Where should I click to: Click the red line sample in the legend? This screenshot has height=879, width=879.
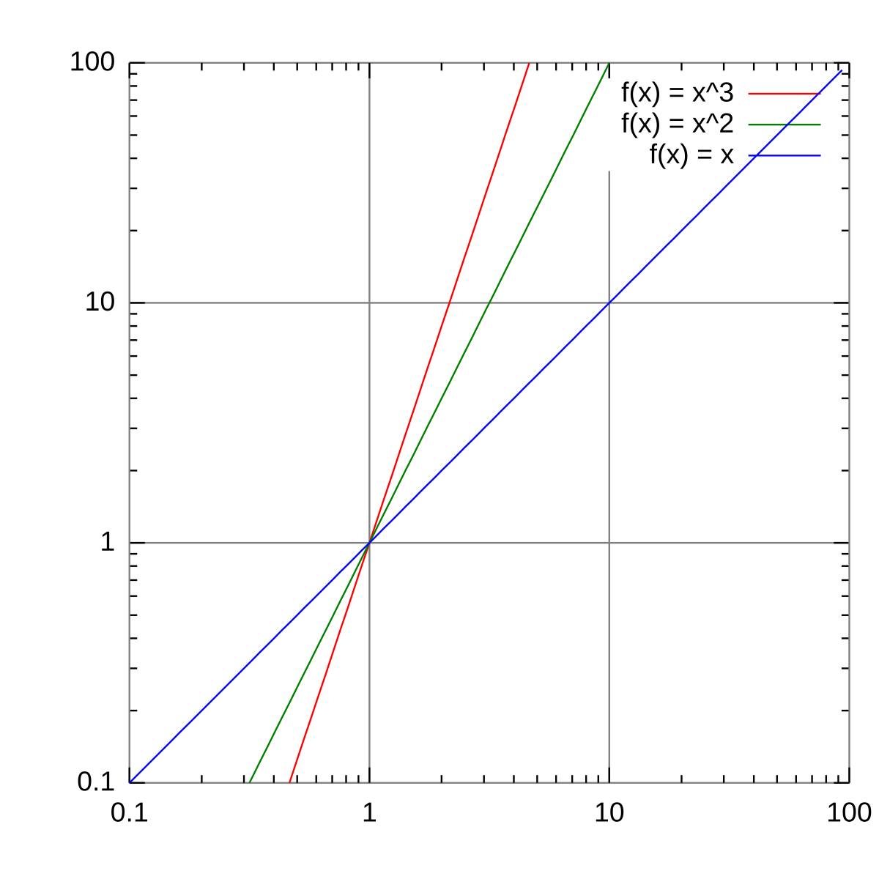coord(784,94)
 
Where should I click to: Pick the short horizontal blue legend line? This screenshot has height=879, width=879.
coord(784,156)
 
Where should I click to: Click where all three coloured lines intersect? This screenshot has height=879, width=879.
coord(369,543)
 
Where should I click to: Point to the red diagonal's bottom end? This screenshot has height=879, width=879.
coord(290,782)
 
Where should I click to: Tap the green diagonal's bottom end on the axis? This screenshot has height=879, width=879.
coord(251,782)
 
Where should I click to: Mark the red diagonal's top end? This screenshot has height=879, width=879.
coord(529,64)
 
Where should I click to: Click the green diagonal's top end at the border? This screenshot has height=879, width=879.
coord(609,64)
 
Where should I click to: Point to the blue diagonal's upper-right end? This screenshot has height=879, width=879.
coord(842,70)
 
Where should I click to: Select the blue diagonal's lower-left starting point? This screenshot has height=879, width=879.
coord(130,782)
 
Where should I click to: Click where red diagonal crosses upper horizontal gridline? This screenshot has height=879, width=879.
coord(449,303)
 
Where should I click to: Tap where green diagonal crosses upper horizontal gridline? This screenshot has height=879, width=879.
coord(489,303)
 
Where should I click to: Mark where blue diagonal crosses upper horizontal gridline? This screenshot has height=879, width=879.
coord(609,303)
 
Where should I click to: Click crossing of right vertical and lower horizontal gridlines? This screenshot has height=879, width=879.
coord(609,543)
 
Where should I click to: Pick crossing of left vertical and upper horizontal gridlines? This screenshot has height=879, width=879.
coord(369,303)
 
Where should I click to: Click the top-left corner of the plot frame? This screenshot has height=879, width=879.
coord(130,63)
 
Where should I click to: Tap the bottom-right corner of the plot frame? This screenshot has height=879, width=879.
coord(849,782)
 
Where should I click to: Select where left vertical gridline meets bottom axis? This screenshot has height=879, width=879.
coord(369,782)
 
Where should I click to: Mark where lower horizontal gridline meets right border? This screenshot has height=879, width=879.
coord(849,543)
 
